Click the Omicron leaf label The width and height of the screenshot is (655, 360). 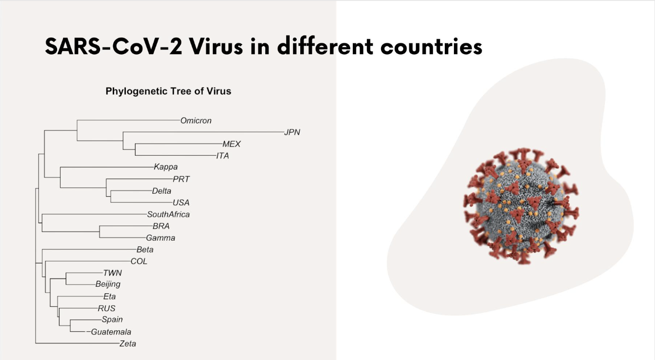196,120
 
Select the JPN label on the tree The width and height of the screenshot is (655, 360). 292,132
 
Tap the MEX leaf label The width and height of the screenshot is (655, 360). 231,144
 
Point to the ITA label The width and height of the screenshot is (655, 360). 222,156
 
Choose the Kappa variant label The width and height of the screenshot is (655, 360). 165,167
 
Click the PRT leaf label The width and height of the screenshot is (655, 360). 181,179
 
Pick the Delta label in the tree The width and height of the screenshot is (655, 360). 161,191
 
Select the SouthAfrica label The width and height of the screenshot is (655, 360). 168,214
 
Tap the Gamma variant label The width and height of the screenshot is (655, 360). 161,238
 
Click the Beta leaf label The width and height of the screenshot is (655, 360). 145,249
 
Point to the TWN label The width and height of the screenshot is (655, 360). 112,273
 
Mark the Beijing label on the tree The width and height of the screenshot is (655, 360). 108,284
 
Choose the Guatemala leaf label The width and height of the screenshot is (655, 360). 111,332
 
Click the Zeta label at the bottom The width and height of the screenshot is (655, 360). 127,343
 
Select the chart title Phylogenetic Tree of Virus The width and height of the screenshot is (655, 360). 168,91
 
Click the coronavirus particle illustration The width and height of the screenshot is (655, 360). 521,206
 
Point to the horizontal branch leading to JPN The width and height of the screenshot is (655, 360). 204,132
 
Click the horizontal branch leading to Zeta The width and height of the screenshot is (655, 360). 77,343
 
